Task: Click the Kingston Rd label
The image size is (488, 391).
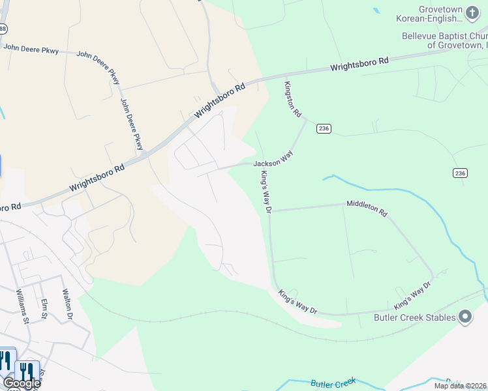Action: coord(293,100)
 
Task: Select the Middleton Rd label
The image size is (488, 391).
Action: coord(367,209)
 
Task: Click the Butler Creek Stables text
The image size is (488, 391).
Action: coord(414,317)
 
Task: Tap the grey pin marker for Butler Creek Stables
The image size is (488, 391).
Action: coord(465,317)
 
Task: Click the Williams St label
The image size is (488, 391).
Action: coord(23,307)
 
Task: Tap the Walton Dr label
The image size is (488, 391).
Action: coord(66,305)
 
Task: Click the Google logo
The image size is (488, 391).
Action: coord(21,383)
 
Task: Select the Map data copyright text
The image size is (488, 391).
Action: coord(461,386)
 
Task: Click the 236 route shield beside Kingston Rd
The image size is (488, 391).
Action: coord(324,128)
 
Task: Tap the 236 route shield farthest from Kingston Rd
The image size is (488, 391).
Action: coord(460,173)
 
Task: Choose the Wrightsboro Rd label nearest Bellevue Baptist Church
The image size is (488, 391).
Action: coord(359,64)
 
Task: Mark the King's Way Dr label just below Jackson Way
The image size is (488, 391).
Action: coord(266,191)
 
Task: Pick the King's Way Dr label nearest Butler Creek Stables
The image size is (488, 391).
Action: coord(412,296)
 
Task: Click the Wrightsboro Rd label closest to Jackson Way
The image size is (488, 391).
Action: coord(220,100)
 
